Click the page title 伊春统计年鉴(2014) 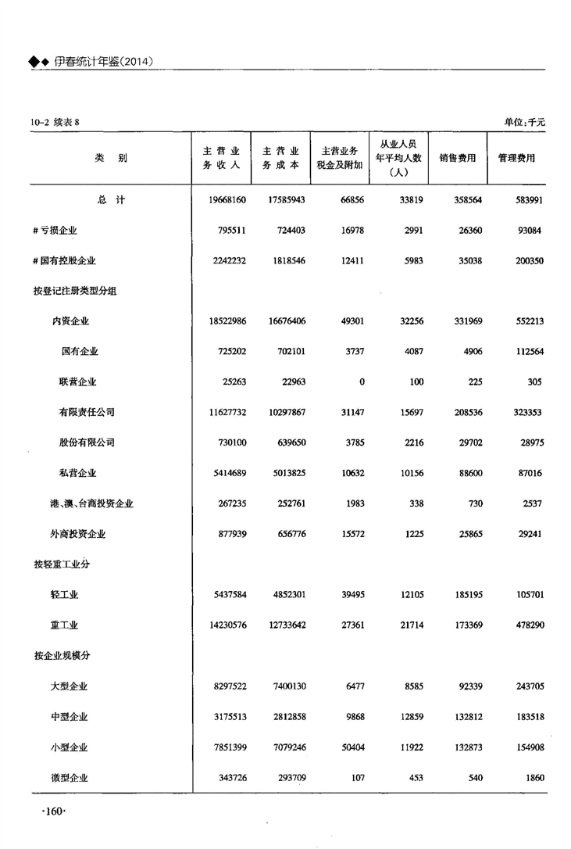tap(102, 61)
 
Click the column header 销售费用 tap(458, 158)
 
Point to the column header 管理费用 tap(516, 158)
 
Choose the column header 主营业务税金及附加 tap(340, 158)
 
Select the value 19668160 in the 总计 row tap(224, 200)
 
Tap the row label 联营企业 tap(78, 382)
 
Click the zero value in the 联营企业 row tap(362, 382)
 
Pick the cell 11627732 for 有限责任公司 tap(224, 412)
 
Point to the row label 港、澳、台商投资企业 tap(91, 504)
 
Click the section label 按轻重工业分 tap(62, 564)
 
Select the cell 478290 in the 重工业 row tap(526, 625)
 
